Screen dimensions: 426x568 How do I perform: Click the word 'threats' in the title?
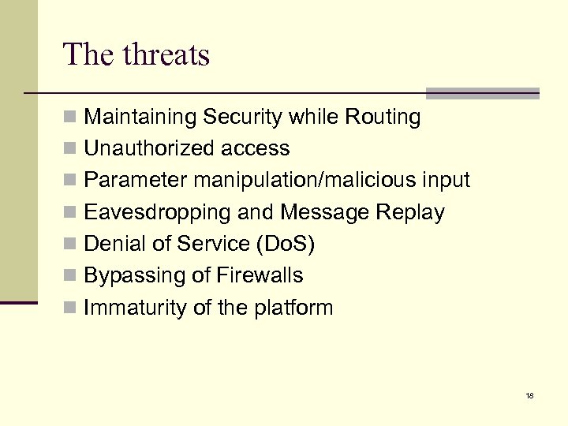tap(166, 55)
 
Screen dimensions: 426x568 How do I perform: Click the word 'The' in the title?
tap(89, 55)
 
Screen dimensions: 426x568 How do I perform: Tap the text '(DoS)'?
tap(286, 244)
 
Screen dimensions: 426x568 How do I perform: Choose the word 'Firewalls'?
tap(261, 275)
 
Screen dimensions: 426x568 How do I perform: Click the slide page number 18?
tap(529, 395)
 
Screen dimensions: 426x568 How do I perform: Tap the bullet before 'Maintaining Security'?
tap(70, 118)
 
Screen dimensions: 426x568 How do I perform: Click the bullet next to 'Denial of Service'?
tap(70, 245)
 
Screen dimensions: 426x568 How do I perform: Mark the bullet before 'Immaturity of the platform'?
tap(70, 308)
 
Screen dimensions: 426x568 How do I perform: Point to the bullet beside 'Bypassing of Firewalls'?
tap(70, 276)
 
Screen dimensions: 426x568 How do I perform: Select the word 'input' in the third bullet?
tap(445, 181)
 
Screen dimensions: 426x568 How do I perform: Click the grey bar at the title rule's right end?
tap(483, 93)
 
